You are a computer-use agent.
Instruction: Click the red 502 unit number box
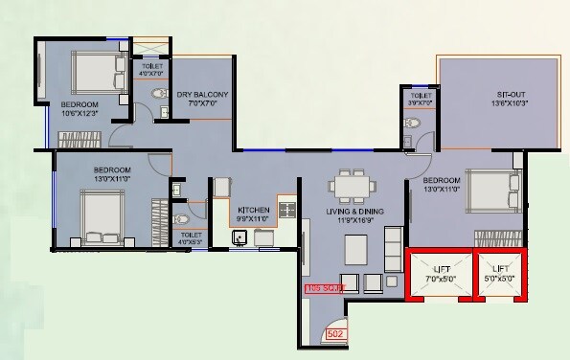click(x=335, y=334)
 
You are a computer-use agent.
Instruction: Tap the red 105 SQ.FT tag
click(x=323, y=287)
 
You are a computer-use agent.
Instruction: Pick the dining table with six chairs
click(x=347, y=184)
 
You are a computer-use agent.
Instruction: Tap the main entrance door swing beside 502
click(x=331, y=323)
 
